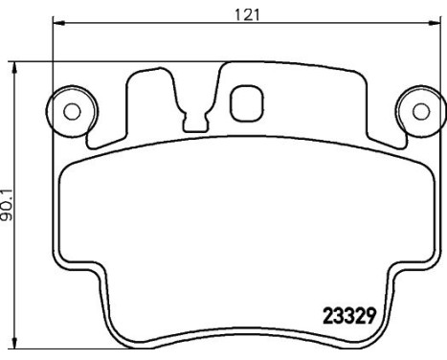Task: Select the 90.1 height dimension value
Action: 9,205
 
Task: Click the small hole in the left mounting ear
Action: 71,109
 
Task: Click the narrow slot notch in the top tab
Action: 195,121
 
